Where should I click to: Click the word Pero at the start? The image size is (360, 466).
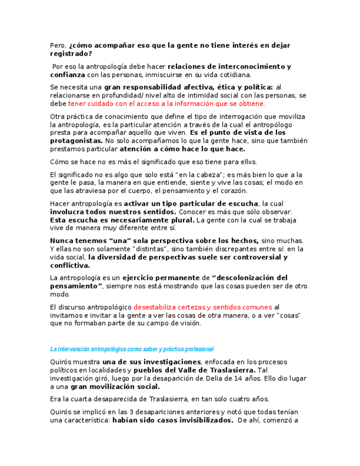coord(57,46)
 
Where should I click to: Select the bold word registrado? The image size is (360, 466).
coord(71,54)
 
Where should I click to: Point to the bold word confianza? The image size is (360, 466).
coord(68,75)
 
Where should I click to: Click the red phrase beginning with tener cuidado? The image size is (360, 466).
coord(166,103)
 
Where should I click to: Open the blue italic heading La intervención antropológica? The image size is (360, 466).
coord(131,349)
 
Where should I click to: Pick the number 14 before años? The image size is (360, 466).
coord(238,379)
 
